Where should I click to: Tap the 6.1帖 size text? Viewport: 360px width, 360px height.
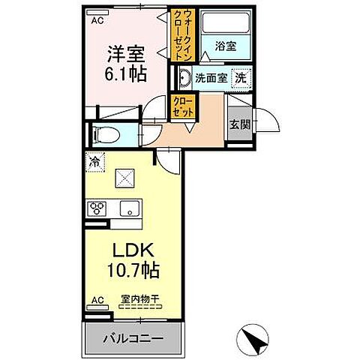click(x=124, y=75)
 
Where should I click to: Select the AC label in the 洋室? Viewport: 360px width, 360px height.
click(x=97, y=21)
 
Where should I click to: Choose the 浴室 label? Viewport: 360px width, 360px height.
click(x=224, y=46)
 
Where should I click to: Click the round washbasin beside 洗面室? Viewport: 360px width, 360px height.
click(x=184, y=76)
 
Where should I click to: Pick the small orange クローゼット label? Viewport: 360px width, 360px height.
click(x=183, y=106)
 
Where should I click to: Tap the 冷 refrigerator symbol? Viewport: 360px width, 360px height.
click(x=96, y=160)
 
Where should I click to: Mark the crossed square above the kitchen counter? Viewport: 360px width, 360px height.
click(x=124, y=180)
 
